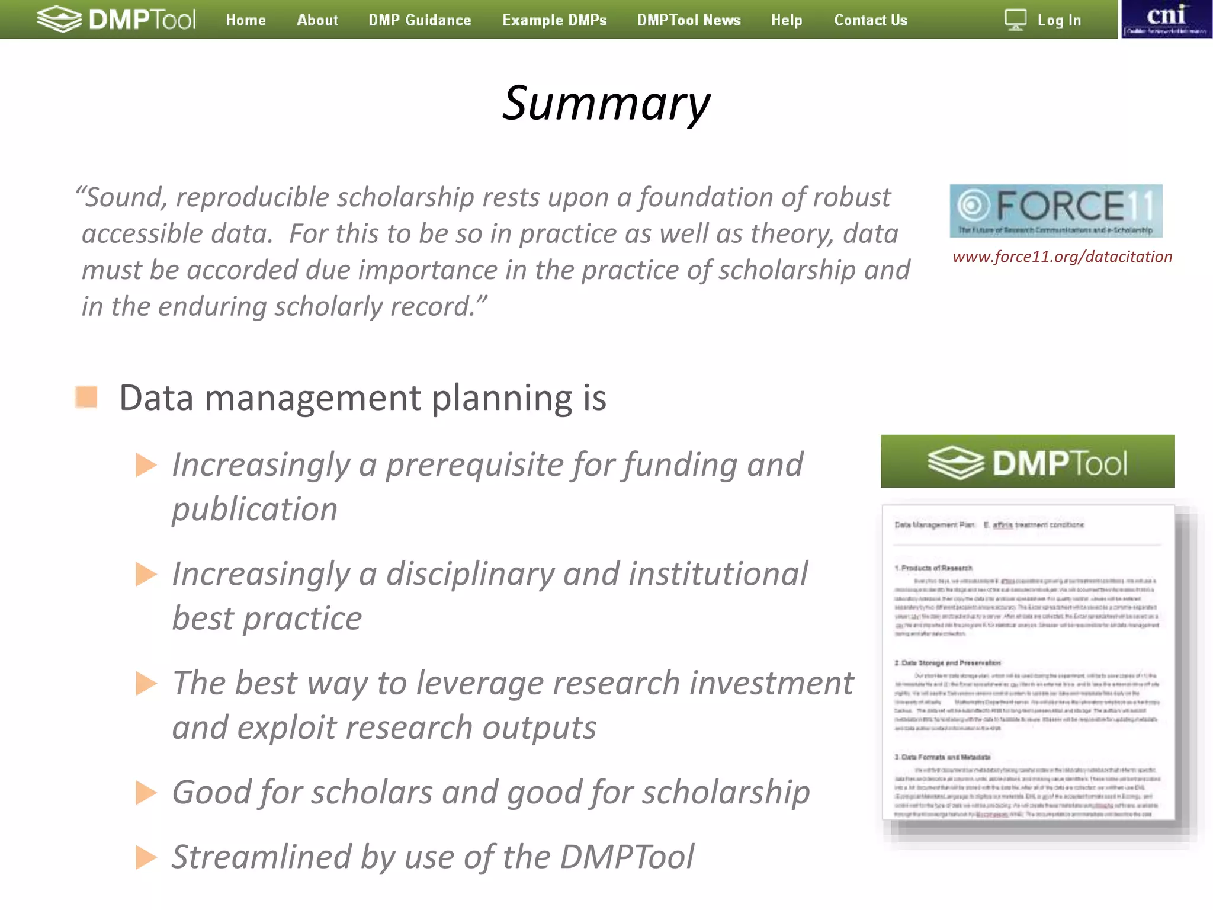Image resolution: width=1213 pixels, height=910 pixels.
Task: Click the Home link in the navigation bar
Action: click(245, 20)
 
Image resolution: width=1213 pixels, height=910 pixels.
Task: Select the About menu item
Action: click(317, 20)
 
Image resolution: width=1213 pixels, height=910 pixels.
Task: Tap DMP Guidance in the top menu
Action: click(419, 20)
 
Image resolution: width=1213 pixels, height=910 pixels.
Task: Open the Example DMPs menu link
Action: click(554, 20)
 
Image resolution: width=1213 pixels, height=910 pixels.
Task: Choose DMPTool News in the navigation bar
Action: click(689, 20)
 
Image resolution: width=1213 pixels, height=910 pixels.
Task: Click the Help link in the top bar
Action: click(787, 20)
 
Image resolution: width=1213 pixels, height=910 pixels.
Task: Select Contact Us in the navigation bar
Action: click(870, 20)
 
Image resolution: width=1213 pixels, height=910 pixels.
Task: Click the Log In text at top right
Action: click(1059, 20)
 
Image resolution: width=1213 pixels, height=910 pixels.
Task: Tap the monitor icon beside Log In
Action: click(1015, 20)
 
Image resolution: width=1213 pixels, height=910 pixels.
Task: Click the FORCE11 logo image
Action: click(1055, 211)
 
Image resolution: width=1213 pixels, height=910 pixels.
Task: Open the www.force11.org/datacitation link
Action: click(1062, 257)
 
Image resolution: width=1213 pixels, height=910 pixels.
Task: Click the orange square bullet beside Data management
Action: click(86, 397)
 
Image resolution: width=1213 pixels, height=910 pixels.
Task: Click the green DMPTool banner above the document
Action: click(1027, 462)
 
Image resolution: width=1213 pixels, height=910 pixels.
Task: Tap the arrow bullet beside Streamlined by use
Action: click(145, 857)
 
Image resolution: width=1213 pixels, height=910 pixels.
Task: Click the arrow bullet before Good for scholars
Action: click(145, 793)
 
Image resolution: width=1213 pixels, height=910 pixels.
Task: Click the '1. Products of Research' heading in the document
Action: click(933, 568)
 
